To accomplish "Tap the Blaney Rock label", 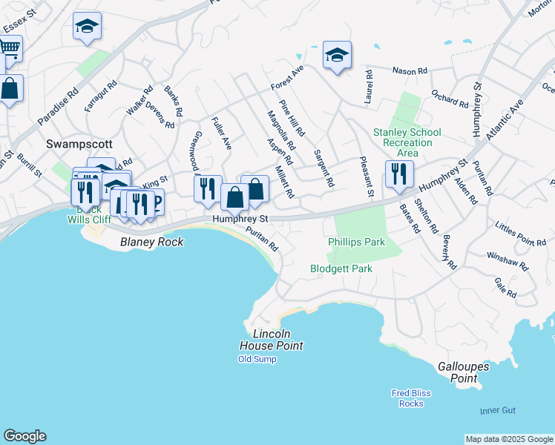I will click(x=151, y=242).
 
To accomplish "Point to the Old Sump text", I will click(x=257, y=359).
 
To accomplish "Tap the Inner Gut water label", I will click(x=496, y=410).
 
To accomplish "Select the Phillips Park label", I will click(x=356, y=242).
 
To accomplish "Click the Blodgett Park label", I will click(x=341, y=268).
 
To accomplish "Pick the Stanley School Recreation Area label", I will click(x=407, y=142).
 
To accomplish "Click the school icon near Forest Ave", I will click(x=337, y=55).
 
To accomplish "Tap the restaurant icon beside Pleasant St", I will click(x=399, y=174).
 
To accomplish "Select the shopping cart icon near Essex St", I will click(x=9, y=47).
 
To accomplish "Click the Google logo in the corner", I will click(x=24, y=436).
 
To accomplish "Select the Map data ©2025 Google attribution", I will click(x=509, y=439).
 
